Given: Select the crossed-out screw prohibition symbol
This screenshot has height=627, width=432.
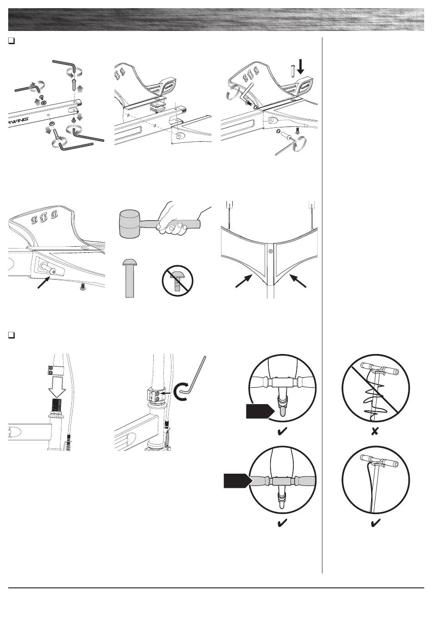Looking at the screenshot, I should coord(178,282).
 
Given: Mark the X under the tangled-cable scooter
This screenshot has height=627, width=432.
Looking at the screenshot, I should coord(375,431).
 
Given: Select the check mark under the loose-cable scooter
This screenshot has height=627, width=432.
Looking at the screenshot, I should coord(375,524).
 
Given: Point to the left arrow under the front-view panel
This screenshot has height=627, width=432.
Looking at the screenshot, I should coord(245,281).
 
